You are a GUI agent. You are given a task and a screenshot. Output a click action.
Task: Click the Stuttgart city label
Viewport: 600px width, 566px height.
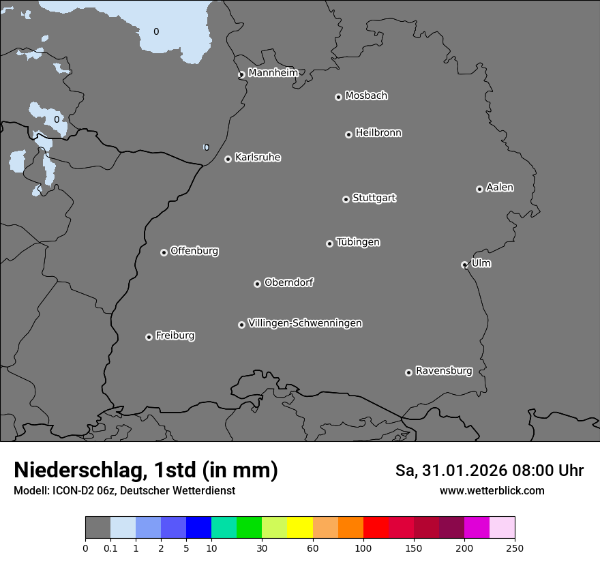(374, 198)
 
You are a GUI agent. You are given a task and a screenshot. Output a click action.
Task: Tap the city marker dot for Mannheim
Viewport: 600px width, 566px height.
(241, 75)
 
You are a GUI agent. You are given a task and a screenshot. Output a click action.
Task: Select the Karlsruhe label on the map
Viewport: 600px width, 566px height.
(258, 158)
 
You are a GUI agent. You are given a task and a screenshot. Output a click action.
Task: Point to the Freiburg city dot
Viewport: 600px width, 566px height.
(149, 337)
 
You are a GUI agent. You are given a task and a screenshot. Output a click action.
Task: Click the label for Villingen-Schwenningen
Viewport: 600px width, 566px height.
(305, 323)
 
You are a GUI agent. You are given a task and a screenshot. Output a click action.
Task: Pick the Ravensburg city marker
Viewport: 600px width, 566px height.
(408, 372)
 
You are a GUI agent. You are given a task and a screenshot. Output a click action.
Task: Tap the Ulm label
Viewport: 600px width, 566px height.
(481, 263)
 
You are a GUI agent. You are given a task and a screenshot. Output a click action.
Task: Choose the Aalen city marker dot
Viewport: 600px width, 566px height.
(479, 189)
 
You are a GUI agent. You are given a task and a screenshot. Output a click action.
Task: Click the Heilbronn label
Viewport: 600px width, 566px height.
(378, 133)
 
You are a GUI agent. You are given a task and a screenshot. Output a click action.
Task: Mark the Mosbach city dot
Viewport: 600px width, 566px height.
(338, 97)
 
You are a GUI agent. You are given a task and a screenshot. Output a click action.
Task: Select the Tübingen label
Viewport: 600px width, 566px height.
(358, 242)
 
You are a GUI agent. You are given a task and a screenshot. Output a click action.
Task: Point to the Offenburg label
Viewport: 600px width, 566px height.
(194, 251)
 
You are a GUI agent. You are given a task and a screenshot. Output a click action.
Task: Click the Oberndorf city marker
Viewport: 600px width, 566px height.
(257, 284)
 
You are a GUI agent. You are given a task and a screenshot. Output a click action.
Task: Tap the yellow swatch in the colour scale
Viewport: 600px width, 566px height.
(300, 528)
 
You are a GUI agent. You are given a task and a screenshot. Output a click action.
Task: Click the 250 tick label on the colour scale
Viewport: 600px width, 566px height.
(515, 548)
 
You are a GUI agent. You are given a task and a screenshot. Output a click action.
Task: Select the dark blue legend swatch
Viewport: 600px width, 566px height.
(198, 528)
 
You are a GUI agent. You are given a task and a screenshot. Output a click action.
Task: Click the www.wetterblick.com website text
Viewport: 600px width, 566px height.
(492, 490)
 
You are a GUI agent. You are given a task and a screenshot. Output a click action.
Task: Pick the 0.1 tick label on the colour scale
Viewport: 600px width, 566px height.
(110, 548)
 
